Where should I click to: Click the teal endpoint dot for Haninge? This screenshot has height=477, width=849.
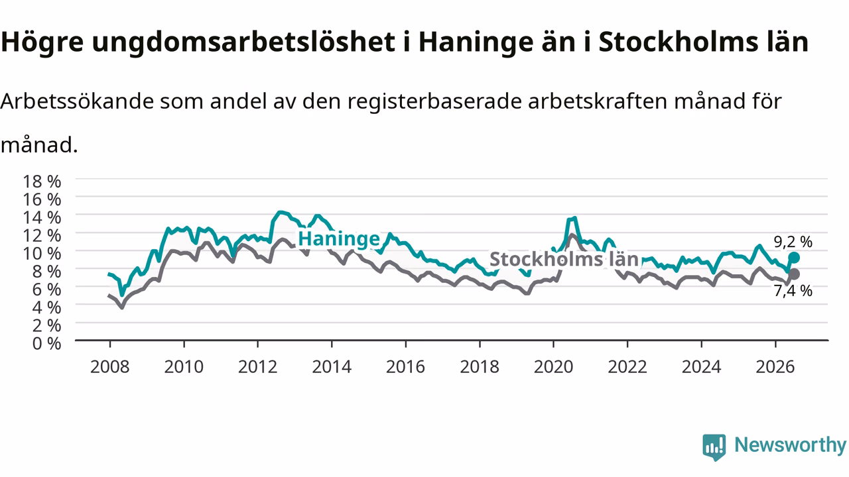794,258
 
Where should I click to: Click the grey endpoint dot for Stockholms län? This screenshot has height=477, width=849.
794,274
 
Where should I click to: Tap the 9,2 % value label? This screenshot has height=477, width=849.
793,242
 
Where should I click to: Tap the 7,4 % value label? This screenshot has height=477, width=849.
793,291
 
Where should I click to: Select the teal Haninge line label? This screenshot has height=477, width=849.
339,239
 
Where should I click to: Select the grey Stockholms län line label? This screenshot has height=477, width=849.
564,259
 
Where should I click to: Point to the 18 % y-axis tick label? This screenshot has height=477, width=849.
42,182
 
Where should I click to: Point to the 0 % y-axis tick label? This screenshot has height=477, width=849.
46,344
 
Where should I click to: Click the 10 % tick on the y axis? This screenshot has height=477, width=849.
42,254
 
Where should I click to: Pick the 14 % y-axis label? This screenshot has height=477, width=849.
42,218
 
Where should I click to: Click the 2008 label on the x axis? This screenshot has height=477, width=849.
110,367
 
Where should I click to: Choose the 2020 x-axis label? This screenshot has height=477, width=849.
553,367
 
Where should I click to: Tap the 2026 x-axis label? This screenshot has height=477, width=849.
775,367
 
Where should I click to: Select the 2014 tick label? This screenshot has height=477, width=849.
332,367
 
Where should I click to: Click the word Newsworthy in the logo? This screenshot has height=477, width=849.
790,445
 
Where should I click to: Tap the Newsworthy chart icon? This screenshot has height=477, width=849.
714,447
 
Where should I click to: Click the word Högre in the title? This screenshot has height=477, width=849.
42,42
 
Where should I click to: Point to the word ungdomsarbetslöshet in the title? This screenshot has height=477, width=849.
243,42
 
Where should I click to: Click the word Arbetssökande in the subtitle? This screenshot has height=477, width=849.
77,101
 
